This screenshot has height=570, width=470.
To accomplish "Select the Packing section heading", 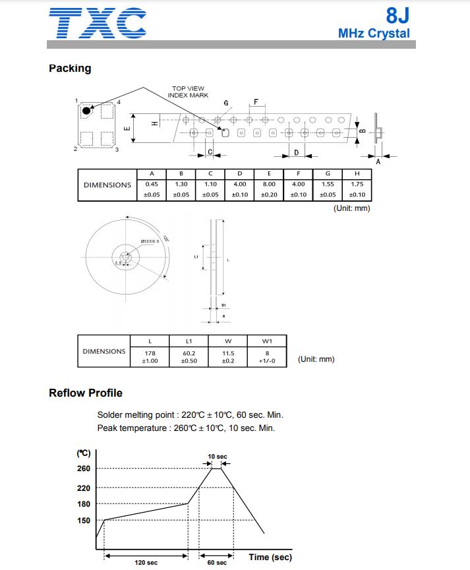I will tap(70, 69).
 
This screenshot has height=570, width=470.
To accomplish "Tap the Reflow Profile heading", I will tap(86, 393).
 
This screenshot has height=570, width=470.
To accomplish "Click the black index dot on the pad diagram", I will tap(86, 110).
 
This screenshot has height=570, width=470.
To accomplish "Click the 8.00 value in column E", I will tap(269, 185).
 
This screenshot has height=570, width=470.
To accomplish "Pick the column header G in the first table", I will tap(328, 173).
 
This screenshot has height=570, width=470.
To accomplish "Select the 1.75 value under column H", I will tap(357, 185).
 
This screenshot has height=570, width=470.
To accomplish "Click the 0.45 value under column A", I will tap(152, 185).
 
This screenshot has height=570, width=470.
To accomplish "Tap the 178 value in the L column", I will tap(150, 353).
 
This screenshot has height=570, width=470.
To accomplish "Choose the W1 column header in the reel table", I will tap(267, 341).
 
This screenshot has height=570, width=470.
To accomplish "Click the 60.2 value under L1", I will tap(189, 353).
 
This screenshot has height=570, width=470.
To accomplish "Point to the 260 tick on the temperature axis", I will tap(84, 469).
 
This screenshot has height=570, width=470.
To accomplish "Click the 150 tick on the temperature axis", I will tap(84, 521).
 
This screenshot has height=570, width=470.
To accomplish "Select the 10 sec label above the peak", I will tap(217, 457).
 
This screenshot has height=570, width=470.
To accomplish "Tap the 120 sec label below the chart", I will tap(146, 563).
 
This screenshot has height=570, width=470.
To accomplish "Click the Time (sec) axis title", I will tap(270, 557).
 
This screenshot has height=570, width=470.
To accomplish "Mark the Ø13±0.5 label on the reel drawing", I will tap(150, 241).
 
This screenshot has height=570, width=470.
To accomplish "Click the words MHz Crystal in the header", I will tap(373, 34).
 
